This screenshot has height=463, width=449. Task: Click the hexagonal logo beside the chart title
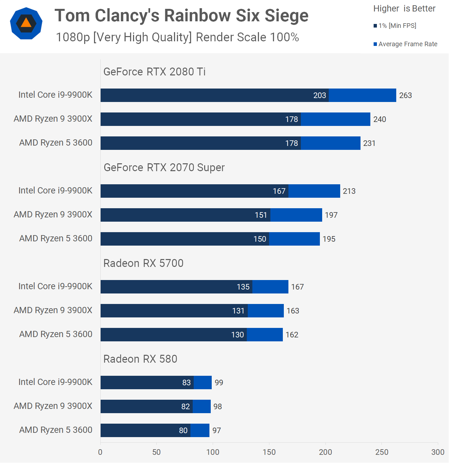(x=26, y=23)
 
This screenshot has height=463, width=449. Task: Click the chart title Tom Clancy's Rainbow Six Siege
(x=181, y=15)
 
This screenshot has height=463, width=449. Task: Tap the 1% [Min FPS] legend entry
(x=395, y=26)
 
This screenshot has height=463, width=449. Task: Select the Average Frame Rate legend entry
(x=405, y=44)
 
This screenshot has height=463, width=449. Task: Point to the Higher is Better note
(x=404, y=9)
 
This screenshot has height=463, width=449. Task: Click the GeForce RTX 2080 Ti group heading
(x=154, y=71)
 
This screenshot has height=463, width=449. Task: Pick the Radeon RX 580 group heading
(x=140, y=359)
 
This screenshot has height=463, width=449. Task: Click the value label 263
(x=405, y=95)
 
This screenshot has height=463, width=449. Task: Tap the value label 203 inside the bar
(x=320, y=95)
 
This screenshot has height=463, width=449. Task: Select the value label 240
(x=380, y=119)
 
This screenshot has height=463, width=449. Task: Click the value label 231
(x=369, y=143)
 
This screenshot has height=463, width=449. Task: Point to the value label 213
(x=349, y=191)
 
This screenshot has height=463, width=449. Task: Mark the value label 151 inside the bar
(x=261, y=215)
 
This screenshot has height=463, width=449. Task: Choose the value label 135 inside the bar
(x=243, y=287)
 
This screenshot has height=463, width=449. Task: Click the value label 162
(x=292, y=335)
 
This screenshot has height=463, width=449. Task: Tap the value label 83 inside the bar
(x=186, y=383)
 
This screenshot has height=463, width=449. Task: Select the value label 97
(x=217, y=431)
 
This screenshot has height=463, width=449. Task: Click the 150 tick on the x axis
(x=269, y=452)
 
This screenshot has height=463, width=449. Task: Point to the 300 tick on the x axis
(x=438, y=452)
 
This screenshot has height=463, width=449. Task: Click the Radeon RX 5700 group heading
(x=143, y=263)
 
